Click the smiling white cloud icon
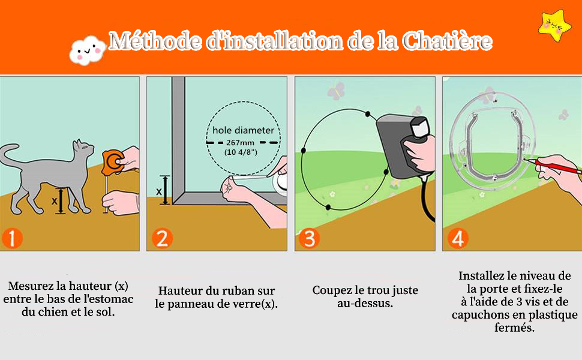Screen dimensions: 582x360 pyautogui.click(x=87, y=50)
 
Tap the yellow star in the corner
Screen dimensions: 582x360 pyautogui.click(x=554, y=25)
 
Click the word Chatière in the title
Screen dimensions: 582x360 pyautogui.click(x=447, y=41)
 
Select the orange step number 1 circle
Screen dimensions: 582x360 pyautogui.click(x=12, y=238)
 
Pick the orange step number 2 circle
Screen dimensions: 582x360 pyautogui.click(x=162, y=238)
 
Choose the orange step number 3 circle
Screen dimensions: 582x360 pyautogui.click(x=309, y=238)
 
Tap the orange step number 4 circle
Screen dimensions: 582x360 pyautogui.click(x=457, y=238)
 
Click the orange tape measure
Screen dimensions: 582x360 pyautogui.click(x=114, y=161)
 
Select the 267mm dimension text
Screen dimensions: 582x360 pyautogui.click(x=240, y=143)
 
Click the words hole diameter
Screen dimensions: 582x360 pyautogui.click(x=243, y=130)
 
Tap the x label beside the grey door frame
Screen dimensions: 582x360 pyautogui.click(x=159, y=191)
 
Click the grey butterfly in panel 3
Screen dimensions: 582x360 pyautogui.click(x=336, y=91)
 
